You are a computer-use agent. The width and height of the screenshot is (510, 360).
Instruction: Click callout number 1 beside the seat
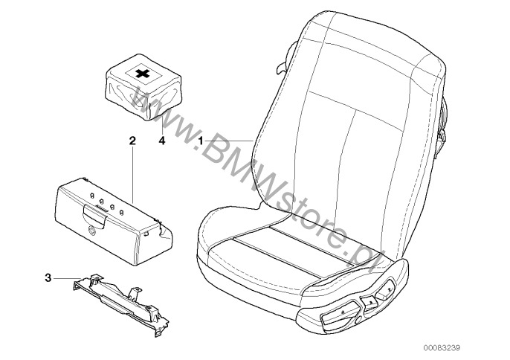(x=201, y=141)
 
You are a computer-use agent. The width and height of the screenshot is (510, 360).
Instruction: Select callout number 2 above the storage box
(x=132, y=141)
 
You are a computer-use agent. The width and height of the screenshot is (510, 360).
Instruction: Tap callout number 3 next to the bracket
(x=48, y=278)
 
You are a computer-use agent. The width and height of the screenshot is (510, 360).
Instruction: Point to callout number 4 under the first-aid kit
(x=161, y=141)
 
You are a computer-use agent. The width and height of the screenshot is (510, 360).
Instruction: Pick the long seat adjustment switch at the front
(x=339, y=313)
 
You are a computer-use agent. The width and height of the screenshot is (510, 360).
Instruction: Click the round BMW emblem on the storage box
(x=92, y=231)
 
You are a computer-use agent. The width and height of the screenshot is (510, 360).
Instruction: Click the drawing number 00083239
(x=442, y=348)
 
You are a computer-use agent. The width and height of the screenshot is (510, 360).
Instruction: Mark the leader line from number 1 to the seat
(x=229, y=141)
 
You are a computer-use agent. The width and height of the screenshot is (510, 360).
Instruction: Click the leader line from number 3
(x=67, y=278)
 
